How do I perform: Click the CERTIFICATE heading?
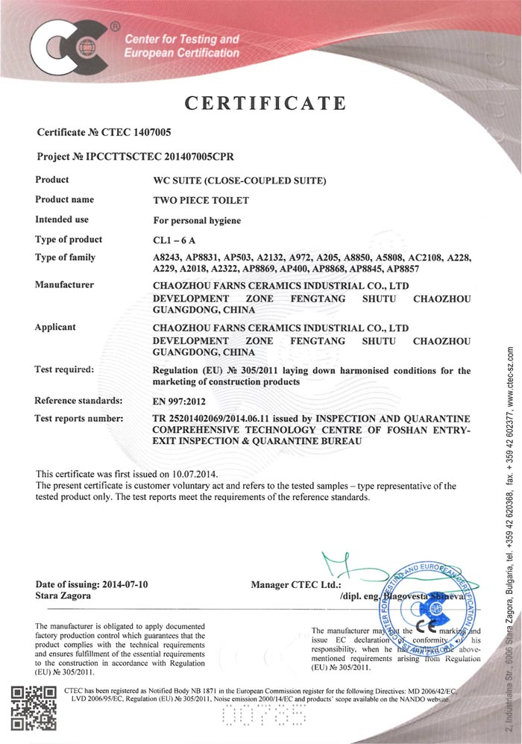tap(265, 103)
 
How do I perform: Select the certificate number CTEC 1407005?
tap(133, 133)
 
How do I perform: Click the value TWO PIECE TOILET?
tap(201, 200)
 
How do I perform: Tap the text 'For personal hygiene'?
tap(197, 220)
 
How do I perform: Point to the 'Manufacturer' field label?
tap(65, 284)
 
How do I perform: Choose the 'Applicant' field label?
tap(56, 327)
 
